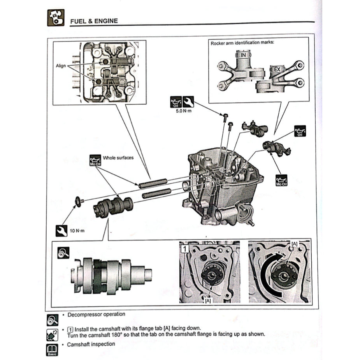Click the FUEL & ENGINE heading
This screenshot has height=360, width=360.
click(93, 21)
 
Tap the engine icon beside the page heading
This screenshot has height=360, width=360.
click(55, 18)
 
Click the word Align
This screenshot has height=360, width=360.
click(61, 66)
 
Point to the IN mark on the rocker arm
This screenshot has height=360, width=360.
click(243, 55)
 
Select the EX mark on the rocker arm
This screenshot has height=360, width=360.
click(277, 70)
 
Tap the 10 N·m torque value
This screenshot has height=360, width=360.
click(77, 231)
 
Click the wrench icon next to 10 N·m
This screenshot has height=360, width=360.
click(61, 230)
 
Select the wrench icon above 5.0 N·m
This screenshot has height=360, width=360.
click(188, 102)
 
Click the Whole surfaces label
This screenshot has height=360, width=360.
click(118, 158)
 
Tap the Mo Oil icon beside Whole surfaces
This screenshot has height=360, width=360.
click(95, 160)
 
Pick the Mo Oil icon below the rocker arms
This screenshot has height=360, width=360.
click(281, 179)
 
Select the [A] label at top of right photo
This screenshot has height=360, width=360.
click(294, 244)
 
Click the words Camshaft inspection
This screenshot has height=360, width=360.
click(91, 344)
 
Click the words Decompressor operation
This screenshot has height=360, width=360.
click(97, 314)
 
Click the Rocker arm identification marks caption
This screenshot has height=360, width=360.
click(242, 42)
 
